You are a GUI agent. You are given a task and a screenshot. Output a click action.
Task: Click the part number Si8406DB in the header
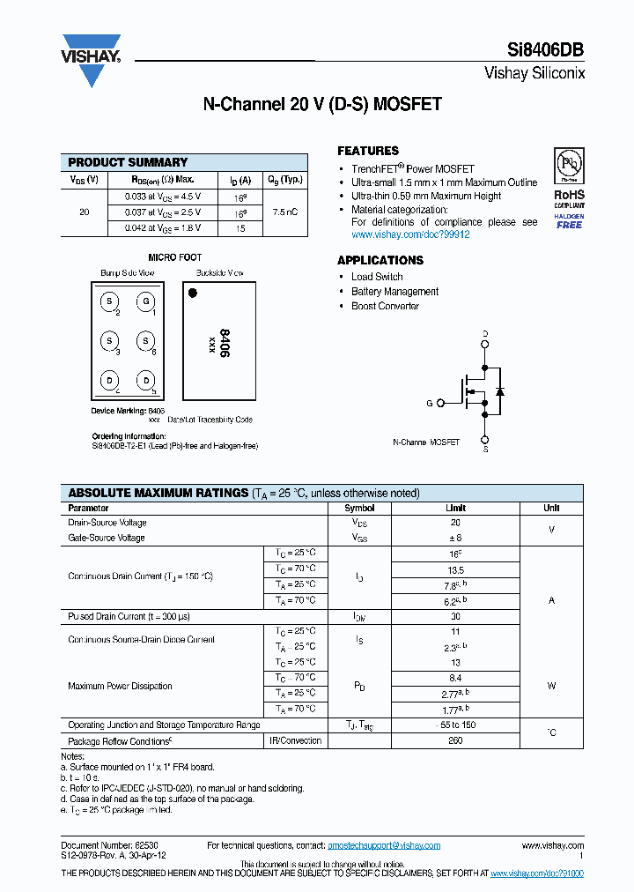tap(545, 50)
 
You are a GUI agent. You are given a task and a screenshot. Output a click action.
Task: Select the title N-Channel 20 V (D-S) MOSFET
tap(322, 104)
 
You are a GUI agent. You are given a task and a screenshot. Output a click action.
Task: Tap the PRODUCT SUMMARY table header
tap(128, 162)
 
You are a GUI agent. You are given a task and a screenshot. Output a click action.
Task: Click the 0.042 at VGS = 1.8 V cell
tap(162, 228)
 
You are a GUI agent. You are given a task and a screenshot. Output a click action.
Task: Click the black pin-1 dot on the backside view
tap(193, 293)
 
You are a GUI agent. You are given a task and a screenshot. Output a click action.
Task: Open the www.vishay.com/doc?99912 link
tap(410, 235)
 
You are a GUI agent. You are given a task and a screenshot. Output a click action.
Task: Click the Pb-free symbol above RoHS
tap(568, 166)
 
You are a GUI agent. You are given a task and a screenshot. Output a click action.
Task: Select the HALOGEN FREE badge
tap(569, 220)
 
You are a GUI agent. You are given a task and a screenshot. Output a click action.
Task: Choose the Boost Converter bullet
tap(385, 307)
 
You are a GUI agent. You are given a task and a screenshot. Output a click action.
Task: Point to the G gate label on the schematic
tap(430, 403)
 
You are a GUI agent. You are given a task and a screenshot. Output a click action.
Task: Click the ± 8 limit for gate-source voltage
tap(455, 538)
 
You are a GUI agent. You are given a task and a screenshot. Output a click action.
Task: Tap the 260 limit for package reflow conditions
tap(455, 741)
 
